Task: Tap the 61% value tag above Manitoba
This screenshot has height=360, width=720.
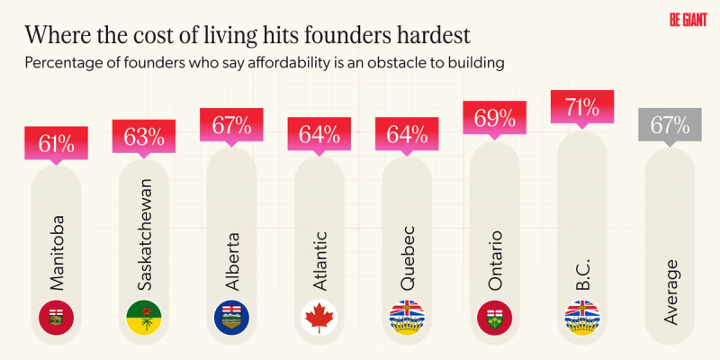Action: [x=57, y=142]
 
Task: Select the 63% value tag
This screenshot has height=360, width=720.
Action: [x=144, y=137]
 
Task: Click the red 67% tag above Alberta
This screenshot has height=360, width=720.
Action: [x=231, y=124]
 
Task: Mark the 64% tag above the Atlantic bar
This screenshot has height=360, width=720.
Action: [x=319, y=136]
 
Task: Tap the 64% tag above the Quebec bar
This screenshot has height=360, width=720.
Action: [x=406, y=136]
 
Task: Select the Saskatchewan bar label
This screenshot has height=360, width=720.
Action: [x=144, y=234]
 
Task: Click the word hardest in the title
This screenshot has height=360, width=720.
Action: [x=420, y=38]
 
